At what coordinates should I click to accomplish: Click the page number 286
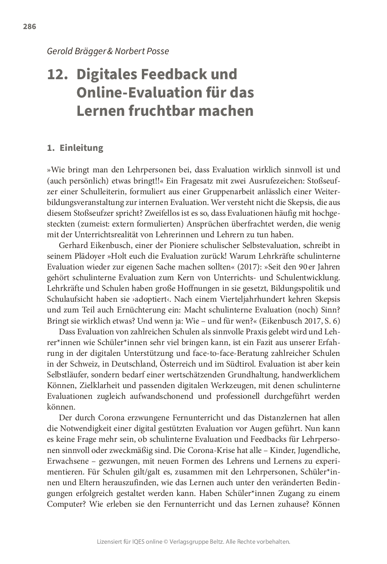coord(29,27)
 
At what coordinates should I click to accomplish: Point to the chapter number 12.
coord(56,74)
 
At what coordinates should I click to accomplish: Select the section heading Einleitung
coord(81,148)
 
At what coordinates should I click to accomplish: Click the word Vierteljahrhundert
coord(254,299)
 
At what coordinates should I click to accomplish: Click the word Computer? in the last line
coord(66,504)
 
